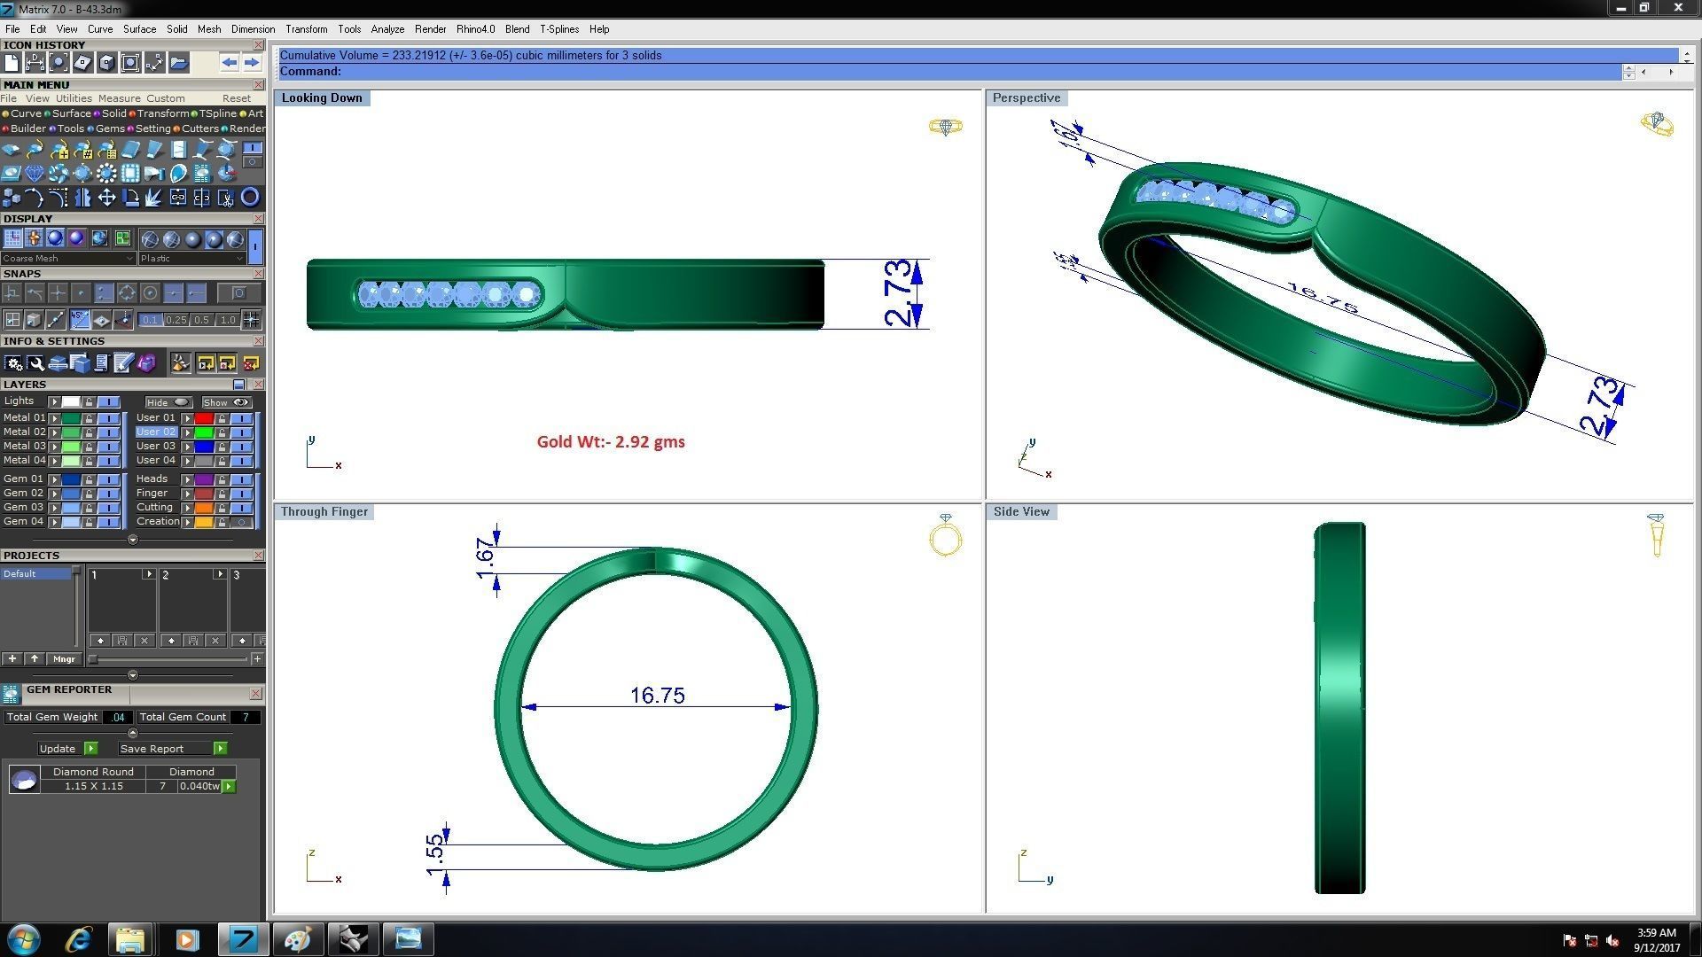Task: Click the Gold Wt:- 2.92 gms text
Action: coord(611,441)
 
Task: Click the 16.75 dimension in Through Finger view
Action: coord(657,696)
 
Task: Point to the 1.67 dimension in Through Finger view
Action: coord(485,558)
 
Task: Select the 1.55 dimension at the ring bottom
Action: coord(434,854)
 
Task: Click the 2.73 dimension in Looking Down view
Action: coord(897,293)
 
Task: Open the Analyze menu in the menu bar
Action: coord(387,29)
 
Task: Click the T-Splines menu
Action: coord(559,29)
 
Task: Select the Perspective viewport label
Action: coord(1026,97)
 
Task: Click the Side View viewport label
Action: coord(1020,511)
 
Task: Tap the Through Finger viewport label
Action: coord(324,511)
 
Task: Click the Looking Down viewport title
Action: coord(322,97)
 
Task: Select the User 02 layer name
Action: coord(156,432)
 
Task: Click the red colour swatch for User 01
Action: coord(204,418)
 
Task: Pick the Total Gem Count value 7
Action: coord(245,717)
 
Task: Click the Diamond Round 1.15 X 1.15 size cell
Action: coord(93,786)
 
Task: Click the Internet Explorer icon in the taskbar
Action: coord(79,939)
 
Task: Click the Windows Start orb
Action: coord(24,939)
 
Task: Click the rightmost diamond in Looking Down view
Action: coord(527,294)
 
